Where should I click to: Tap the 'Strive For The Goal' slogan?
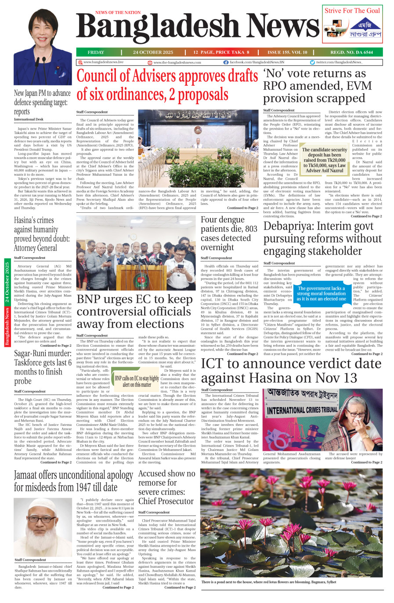[352, 11]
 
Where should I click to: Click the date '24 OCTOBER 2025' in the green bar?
[153, 52]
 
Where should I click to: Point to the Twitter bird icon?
[312, 62]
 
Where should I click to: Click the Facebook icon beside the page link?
[226, 62]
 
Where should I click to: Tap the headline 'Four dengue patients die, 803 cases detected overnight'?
[229, 233]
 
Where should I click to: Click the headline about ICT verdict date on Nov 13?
[291, 371]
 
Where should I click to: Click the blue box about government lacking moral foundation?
[322, 294]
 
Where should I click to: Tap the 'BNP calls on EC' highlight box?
[137, 381]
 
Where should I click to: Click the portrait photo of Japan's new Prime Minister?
[36, 43]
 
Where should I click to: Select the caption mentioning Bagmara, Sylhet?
[268, 582]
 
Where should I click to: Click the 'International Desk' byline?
[29, 120]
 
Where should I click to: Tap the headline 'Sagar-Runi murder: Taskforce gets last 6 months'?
[43, 367]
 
